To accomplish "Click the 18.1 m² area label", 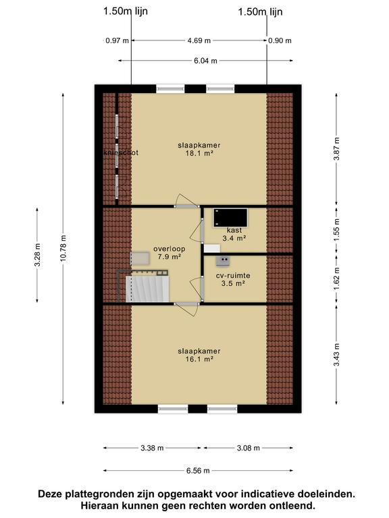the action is coord(199,153).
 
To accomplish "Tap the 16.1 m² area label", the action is coord(199,359).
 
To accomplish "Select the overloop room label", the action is coord(169,249).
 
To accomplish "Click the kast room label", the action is coord(234,230).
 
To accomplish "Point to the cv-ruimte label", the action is coord(233,275).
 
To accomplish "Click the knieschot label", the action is coord(121,152).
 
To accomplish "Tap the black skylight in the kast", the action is coord(230,218).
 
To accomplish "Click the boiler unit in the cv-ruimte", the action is coord(223,261).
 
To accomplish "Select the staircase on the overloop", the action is coord(147,289).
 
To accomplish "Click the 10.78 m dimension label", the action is coord(63,248).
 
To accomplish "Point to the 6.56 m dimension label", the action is coord(198,471).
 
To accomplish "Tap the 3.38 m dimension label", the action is coord(152,448).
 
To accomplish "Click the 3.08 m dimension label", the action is coord(249,448).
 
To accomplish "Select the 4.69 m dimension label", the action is coord(199,40).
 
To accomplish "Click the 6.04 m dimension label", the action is coord(205,61).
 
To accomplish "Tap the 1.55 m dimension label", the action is coord(336,230).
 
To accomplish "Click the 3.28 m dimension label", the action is coord(37,255).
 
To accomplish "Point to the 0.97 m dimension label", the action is coord(117,40).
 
